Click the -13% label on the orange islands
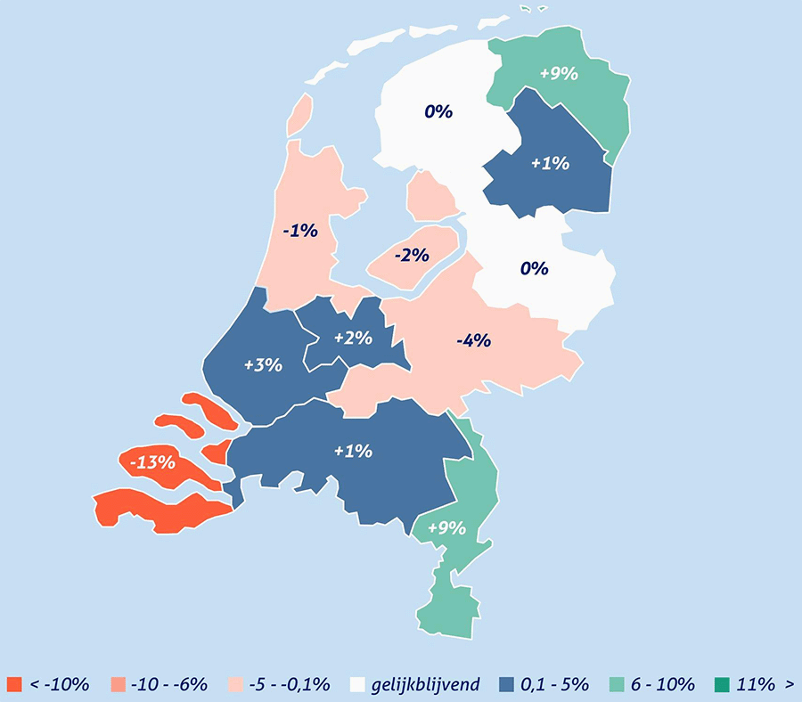click(x=151, y=462)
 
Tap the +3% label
click(x=263, y=364)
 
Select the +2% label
click(x=354, y=338)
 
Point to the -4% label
click(x=473, y=339)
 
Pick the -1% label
click(x=300, y=231)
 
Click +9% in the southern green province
click(x=446, y=527)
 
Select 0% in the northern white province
click(x=438, y=111)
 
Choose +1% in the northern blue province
click(x=550, y=163)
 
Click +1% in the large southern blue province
click(x=352, y=451)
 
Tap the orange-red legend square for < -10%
click(x=13, y=684)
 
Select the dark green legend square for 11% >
click(x=722, y=684)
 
